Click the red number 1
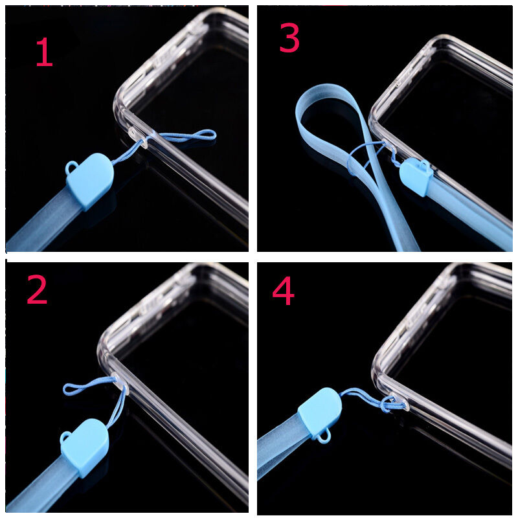(44, 53)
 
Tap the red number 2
(37, 291)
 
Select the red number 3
(289, 39)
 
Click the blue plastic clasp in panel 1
(90, 181)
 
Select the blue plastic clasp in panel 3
(416, 177)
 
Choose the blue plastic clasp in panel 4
(320, 412)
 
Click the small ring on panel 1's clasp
(71, 168)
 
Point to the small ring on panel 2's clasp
(65, 438)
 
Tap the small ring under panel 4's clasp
(324, 437)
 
